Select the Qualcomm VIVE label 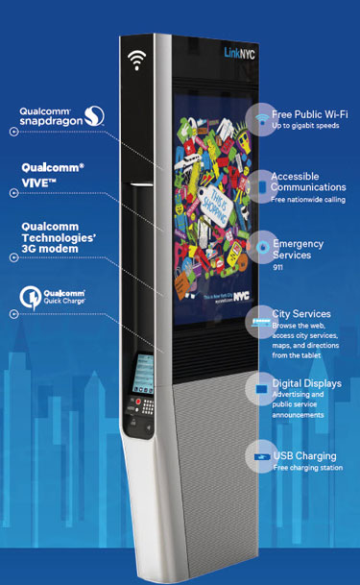(x=53, y=173)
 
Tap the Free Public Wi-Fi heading (x=307, y=113)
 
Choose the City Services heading (x=301, y=314)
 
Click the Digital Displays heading (x=308, y=380)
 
